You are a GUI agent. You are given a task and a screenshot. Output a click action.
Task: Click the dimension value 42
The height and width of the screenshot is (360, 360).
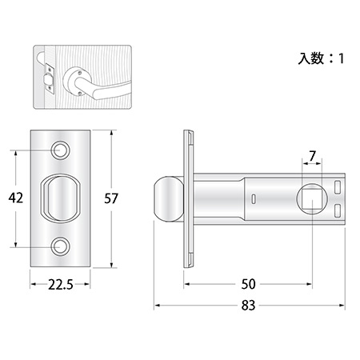pyautogui.click(x=16, y=198)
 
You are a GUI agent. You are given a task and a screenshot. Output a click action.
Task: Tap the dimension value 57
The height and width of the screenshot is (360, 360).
pyautogui.click(x=111, y=198)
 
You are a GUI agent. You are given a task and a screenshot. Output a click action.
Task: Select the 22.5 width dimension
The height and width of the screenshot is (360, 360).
pyautogui.click(x=61, y=285)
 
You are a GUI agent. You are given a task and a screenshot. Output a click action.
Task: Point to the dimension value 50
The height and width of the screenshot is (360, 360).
pyautogui.click(x=248, y=284)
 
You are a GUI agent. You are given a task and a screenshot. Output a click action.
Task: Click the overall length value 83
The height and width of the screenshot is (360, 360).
pyautogui.click(x=248, y=306)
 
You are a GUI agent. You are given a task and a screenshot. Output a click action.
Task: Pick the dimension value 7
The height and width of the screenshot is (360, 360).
pyautogui.click(x=312, y=156)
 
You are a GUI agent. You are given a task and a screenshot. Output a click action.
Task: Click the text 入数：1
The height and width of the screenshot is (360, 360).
pyautogui.click(x=321, y=58)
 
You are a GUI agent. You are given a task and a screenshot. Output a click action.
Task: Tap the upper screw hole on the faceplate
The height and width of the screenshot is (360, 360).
pyautogui.click(x=60, y=150)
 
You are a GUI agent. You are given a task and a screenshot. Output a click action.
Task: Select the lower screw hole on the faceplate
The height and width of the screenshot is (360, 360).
pyautogui.click(x=60, y=246)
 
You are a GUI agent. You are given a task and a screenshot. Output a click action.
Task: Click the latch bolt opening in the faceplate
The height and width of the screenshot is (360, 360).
pyautogui.click(x=60, y=198)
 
